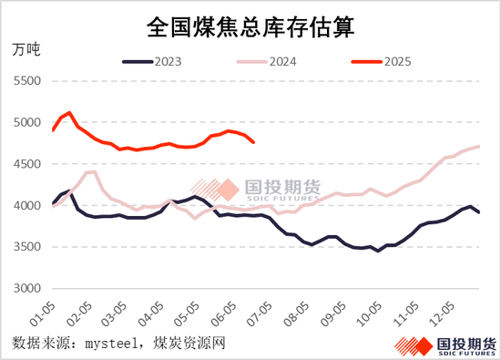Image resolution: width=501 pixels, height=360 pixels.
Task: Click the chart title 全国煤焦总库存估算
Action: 250,27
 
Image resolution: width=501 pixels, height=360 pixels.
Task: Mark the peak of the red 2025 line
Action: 69,112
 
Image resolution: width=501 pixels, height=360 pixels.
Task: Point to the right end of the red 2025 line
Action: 253,142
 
